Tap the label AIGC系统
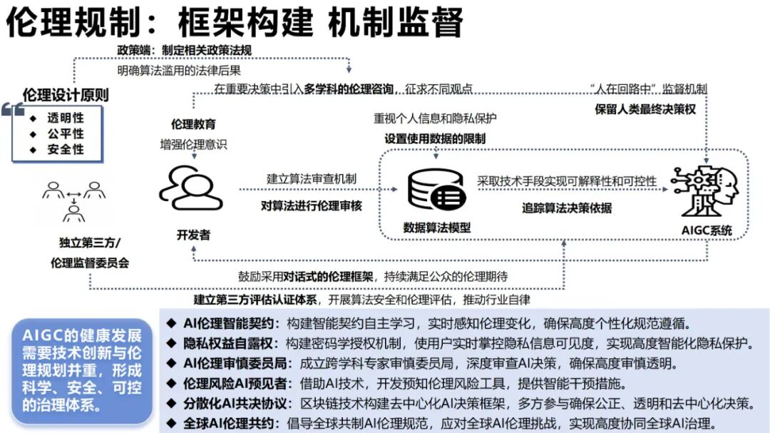tap(705, 230)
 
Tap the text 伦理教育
tap(193, 124)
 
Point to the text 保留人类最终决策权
tap(645, 110)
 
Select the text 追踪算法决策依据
tap(567, 208)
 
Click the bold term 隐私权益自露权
tap(224, 342)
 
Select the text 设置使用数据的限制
tap(436, 138)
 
